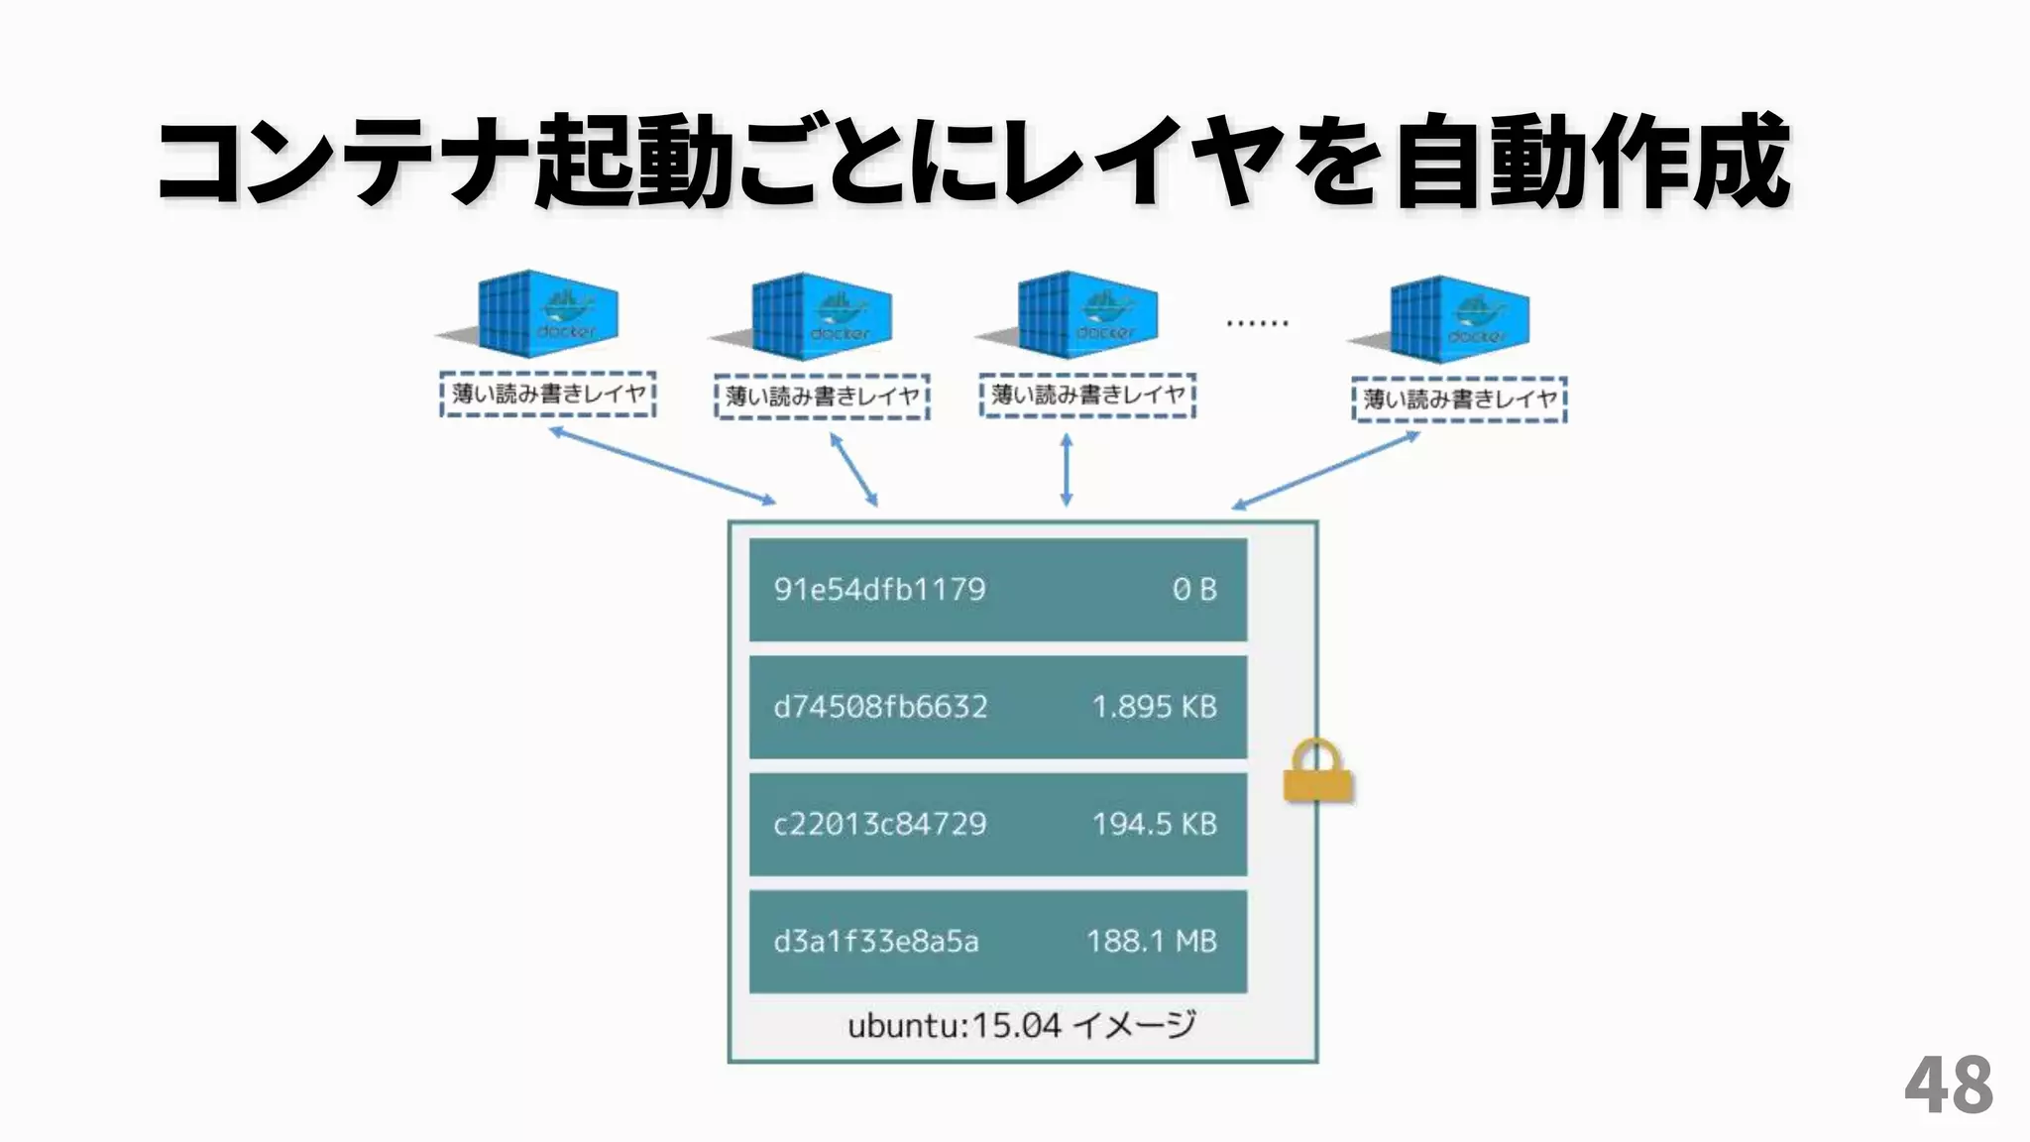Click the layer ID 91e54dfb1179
879,590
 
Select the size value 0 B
1193,590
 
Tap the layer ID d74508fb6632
880,707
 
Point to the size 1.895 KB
1154,707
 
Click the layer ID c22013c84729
879,824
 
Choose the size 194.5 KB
1154,824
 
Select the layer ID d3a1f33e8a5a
875,941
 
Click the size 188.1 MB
1151,941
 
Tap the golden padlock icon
1317,772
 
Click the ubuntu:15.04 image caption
1021,1025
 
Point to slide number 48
1948,1086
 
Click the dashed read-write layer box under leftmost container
548,395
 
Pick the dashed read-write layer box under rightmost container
1459,400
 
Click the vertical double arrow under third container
1067,470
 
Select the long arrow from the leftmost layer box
662,466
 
